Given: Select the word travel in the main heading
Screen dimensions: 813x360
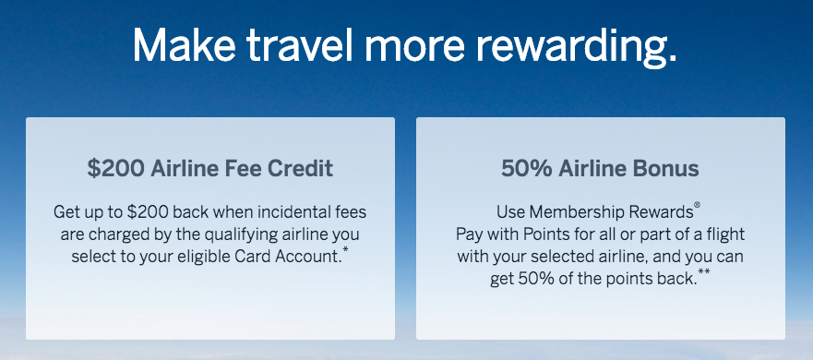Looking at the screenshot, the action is pyautogui.click(x=301, y=45).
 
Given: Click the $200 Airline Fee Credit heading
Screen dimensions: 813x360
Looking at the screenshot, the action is pyautogui.click(x=210, y=169).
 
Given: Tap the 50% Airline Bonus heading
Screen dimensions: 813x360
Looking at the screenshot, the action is pyautogui.click(x=600, y=169).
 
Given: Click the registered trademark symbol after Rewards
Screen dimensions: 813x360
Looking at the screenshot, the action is pyautogui.click(x=698, y=205).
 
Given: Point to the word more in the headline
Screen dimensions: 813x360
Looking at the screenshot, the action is pyautogui.click(x=416, y=50).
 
